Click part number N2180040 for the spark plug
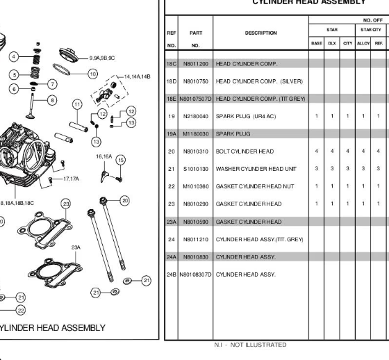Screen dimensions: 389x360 pos(196,116)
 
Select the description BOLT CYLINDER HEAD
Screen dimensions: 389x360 pos(245,152)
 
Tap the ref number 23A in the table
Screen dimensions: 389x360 pos(172,222)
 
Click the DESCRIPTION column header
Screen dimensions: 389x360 pos(260,33)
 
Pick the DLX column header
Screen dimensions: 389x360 pos(332,43)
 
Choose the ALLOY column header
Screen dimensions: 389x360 pos(363,43)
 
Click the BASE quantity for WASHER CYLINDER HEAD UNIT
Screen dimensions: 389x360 pos(317,169)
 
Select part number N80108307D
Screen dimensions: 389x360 pos(195,275)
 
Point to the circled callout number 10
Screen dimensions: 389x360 pos(93,74)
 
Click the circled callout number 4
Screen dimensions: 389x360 pos(14,56)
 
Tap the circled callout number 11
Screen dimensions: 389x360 pos(77,104)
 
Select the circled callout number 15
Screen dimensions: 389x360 pos(121,160)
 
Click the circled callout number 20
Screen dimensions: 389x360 pos(125,201)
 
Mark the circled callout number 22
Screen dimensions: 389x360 pos(21,311)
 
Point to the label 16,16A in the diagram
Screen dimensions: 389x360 pos(104,156)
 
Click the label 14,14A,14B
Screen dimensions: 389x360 pos(138,76)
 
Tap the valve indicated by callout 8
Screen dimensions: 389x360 pos(31,106)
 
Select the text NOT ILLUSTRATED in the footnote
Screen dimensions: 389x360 pos(258,345)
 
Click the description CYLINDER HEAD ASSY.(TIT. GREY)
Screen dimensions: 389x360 pos(259,240)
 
